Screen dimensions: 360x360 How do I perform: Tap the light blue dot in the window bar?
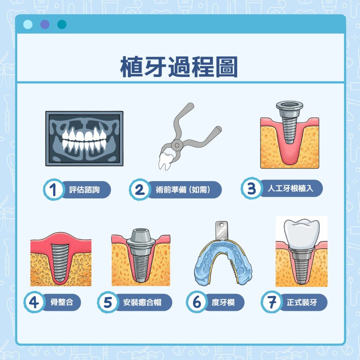tap(27, 24)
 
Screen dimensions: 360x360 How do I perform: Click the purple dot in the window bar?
tap(45, 24)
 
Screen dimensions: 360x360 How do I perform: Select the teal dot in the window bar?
tap(62, 24)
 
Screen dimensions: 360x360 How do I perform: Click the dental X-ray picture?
tap(84, 138)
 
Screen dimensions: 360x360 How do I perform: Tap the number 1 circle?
tap(53, 190)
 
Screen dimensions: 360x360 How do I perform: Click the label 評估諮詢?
tap(84, 190)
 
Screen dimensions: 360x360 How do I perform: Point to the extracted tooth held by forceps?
tap(164, 161)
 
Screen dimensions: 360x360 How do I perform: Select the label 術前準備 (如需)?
tap(183, 190)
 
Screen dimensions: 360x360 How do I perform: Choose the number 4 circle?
tap(34, 302)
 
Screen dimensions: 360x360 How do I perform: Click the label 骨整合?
tap(62, 302)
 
